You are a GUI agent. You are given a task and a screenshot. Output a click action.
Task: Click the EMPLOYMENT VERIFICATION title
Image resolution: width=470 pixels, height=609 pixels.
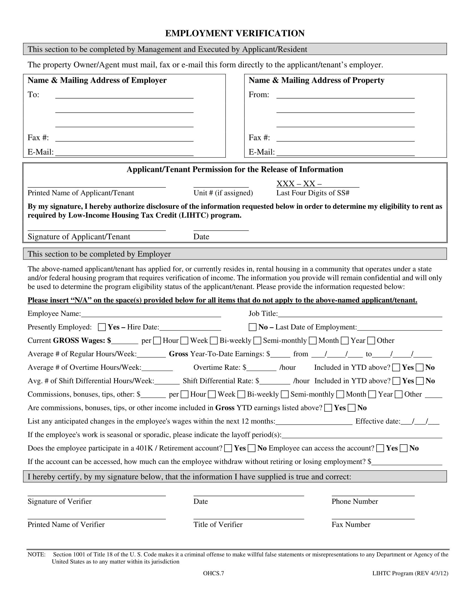[235, 33]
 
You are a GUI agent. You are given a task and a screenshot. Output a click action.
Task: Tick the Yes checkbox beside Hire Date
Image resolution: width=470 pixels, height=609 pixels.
[102, 327]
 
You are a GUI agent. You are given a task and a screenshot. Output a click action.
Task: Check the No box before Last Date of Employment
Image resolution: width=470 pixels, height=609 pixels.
[252, 327]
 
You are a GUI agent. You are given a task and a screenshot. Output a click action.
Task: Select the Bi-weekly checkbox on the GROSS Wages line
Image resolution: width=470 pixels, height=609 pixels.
[213, 340]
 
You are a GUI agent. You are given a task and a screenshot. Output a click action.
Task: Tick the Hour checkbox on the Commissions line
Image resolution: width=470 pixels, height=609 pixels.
[184, 394]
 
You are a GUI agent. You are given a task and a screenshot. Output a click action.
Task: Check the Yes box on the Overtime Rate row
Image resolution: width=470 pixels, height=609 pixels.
[396, 368]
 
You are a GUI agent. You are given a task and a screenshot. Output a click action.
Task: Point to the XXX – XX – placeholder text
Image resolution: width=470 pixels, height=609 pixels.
[299, 184]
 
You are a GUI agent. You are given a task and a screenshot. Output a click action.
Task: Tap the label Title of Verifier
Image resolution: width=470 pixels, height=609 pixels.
[218, 525]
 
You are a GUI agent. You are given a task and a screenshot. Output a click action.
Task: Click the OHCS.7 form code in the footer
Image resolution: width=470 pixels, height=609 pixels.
[213, 573]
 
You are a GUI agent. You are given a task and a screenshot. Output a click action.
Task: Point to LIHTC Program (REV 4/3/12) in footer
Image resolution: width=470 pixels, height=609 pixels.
[410, 573]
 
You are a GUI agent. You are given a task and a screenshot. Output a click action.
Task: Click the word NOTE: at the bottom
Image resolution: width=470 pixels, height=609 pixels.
[36, 554]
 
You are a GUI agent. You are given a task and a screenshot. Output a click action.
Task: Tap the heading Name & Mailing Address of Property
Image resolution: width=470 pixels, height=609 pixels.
[316, 80]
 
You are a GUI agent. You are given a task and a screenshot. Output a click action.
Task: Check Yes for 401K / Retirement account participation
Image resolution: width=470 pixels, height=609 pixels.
[228, 448]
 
